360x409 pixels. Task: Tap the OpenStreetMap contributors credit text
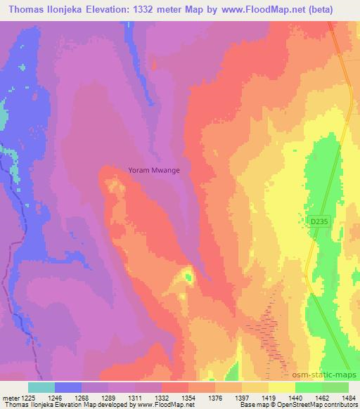coord(321,405)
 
